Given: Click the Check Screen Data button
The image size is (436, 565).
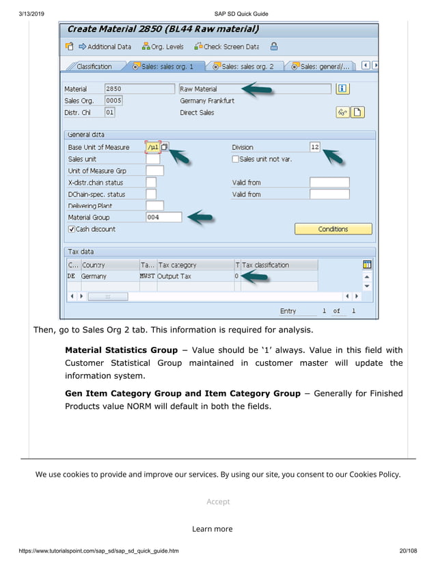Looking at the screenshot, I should tap(226, 47).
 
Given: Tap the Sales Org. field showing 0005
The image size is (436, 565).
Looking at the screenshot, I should tap(113, 101).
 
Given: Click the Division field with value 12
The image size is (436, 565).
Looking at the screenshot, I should tap(314, 147).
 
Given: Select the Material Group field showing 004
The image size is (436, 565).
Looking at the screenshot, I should tap(163, 218).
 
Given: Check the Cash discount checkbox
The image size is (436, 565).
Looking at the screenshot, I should tap(72, 229).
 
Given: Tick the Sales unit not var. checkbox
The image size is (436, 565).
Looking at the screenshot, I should tap(236, 159).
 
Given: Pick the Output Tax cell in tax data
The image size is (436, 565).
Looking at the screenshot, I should tap(175, 276).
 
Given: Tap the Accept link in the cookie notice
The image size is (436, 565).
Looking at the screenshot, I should tap(218, 501).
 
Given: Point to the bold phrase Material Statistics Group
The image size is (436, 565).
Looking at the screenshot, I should tap(121, 350).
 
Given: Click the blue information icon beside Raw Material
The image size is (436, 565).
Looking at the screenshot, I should tap(342, 89).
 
